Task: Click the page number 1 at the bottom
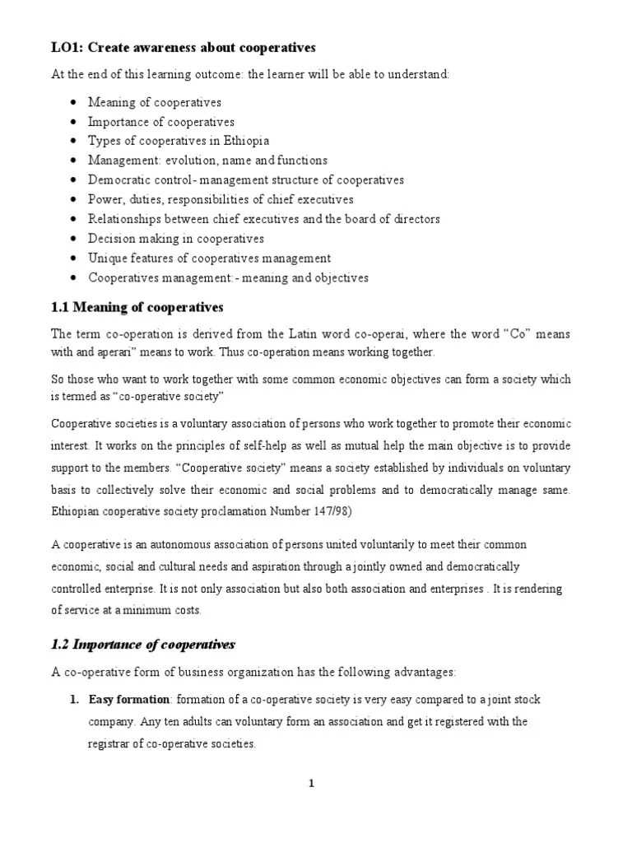click(311, 783)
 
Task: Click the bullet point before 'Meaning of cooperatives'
click(75, 103)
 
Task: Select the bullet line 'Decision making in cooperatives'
click(176, 239)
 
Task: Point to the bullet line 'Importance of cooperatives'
click(161, 122)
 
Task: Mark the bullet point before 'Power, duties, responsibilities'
click(75, 200)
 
